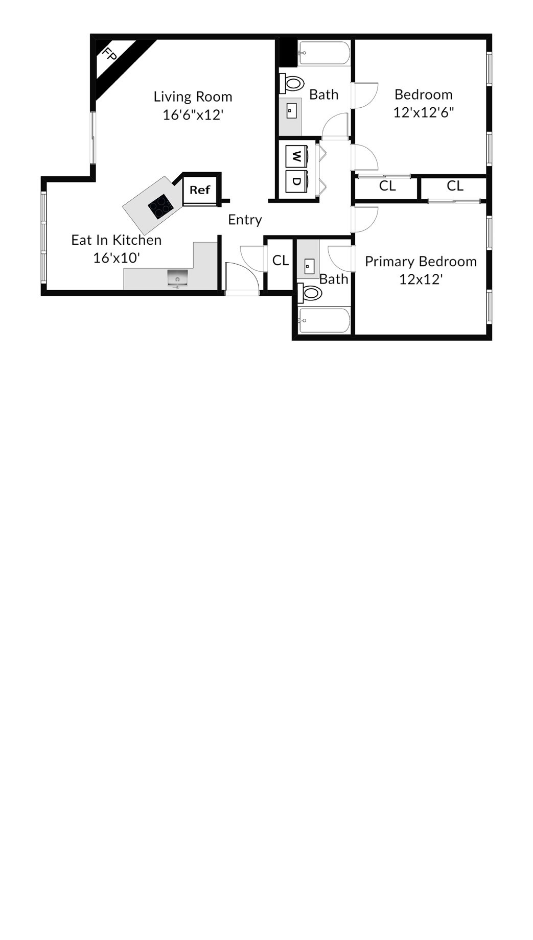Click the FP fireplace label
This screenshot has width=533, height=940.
[x=108, y=54]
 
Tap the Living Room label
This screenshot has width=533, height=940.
[x=193, y=97]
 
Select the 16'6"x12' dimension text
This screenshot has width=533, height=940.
[x=193, y=114]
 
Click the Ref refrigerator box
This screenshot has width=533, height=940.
[x=200, y=190]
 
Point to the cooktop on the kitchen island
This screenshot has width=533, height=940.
[x=160, y=206]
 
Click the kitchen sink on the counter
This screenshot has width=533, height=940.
[x=177, y=278]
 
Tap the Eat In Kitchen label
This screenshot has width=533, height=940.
[x=116, y=240]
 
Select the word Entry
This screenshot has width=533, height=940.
[x=245, y=220]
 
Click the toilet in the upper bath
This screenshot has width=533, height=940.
[x=292, y=83]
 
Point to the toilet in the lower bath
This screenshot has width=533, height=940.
[x=310, y=293]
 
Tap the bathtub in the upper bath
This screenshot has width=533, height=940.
[x=324, y=53]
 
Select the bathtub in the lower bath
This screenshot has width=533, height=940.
[x=324, y=320]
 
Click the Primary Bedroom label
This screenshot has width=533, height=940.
[x=421, y=262]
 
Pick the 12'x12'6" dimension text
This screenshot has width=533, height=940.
[x=424, y=112]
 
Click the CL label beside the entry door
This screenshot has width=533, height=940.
[x=281, y=261]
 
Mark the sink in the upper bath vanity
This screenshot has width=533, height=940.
[x=291, y=111]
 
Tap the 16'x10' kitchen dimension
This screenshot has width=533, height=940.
[x=117, y=258]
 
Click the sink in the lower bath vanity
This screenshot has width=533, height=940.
[x=309, y=266]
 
